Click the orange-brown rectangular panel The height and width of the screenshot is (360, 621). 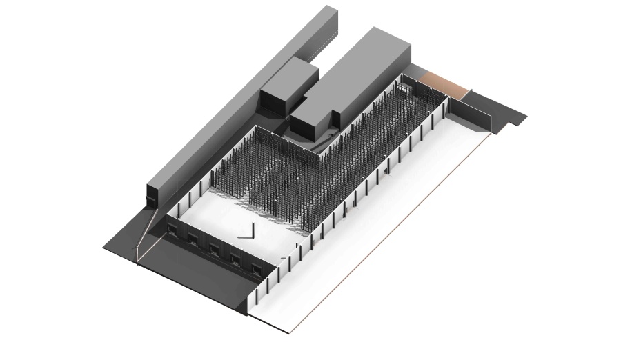click(x=446, y=83)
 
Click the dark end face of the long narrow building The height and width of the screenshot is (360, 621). click(x=155, y=197)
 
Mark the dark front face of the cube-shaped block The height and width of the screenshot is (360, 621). click(x=273, y=101)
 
